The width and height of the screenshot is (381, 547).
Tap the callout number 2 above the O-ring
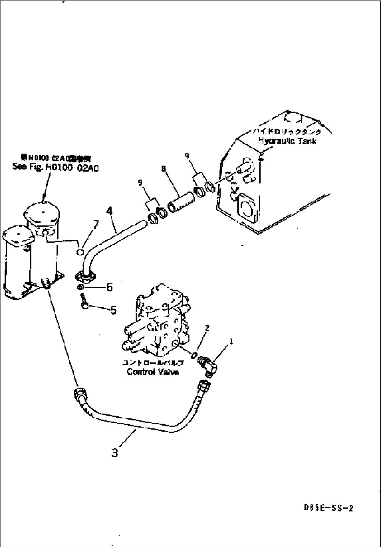(207, 328)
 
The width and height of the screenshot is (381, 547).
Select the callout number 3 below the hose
(115, 453)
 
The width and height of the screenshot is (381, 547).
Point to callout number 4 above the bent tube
(110, 211)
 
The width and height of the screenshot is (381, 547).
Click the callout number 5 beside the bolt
(114, 310)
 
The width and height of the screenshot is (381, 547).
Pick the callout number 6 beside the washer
(109, 287)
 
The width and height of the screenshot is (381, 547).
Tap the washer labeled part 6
(80, 287)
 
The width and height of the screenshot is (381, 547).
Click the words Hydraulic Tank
(287, 141)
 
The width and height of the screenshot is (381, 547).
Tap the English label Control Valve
(153, 372)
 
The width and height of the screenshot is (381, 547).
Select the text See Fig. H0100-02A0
(55, 167)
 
